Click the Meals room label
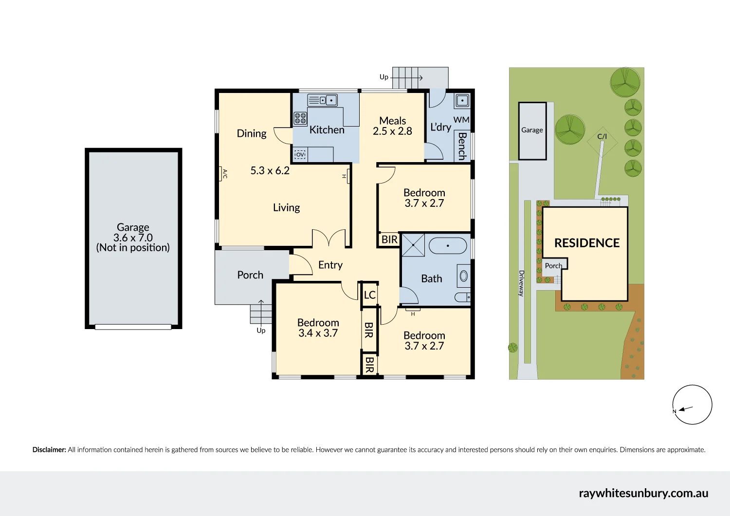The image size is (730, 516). point(392,121)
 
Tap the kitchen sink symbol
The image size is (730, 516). point(322,100)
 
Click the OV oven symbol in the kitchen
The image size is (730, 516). point(300,154)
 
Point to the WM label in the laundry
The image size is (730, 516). point(461,120)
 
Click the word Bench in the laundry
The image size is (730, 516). point(462,146)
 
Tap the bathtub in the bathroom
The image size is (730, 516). point(448,245)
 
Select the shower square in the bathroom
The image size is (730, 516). point(413,245)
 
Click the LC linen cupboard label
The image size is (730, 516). point(369,295)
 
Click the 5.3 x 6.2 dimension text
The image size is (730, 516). point(270,170)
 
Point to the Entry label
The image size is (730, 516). point(330,265)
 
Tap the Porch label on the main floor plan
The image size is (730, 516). point(250,275)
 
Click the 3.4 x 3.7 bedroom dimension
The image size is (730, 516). point(318,333)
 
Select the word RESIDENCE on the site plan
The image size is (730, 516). point(586,243)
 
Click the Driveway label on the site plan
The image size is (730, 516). point(521,283)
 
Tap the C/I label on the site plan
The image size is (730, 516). point(602,136)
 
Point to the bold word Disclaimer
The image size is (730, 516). point(49,450)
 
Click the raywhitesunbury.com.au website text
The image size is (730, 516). point(643,493)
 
